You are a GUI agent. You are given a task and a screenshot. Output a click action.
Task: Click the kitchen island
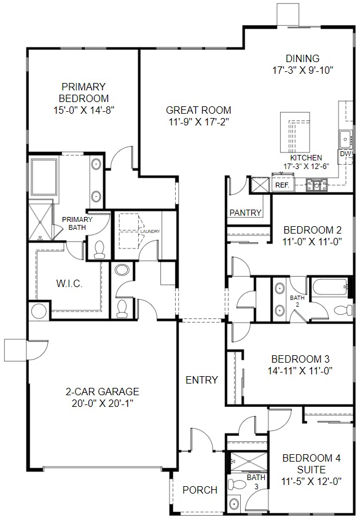click(x=294, y=132)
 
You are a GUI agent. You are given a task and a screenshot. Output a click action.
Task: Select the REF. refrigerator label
click(x=282, y=184)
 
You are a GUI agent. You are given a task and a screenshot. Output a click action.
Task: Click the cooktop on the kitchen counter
click(x=318, y=184)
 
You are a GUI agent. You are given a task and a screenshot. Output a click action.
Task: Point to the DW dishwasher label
click(x=346, y=154)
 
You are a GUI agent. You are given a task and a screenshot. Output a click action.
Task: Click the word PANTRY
click(x=246, y=213)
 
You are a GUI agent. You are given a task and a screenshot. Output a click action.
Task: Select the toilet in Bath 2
click(x=341, y=309)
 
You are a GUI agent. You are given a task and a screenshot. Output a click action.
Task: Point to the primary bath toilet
click(x=100, y=249)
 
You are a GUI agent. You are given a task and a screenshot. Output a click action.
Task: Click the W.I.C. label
click(x=69, y=284)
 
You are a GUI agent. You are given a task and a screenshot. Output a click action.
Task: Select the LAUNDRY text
click(x=150, y=231)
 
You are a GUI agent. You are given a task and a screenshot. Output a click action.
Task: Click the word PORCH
click(x=200, y=490)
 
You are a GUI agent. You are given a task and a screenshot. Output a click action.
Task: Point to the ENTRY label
click(x=202, y=380)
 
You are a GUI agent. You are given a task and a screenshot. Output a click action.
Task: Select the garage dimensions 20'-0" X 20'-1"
click(x=103, y=403)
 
